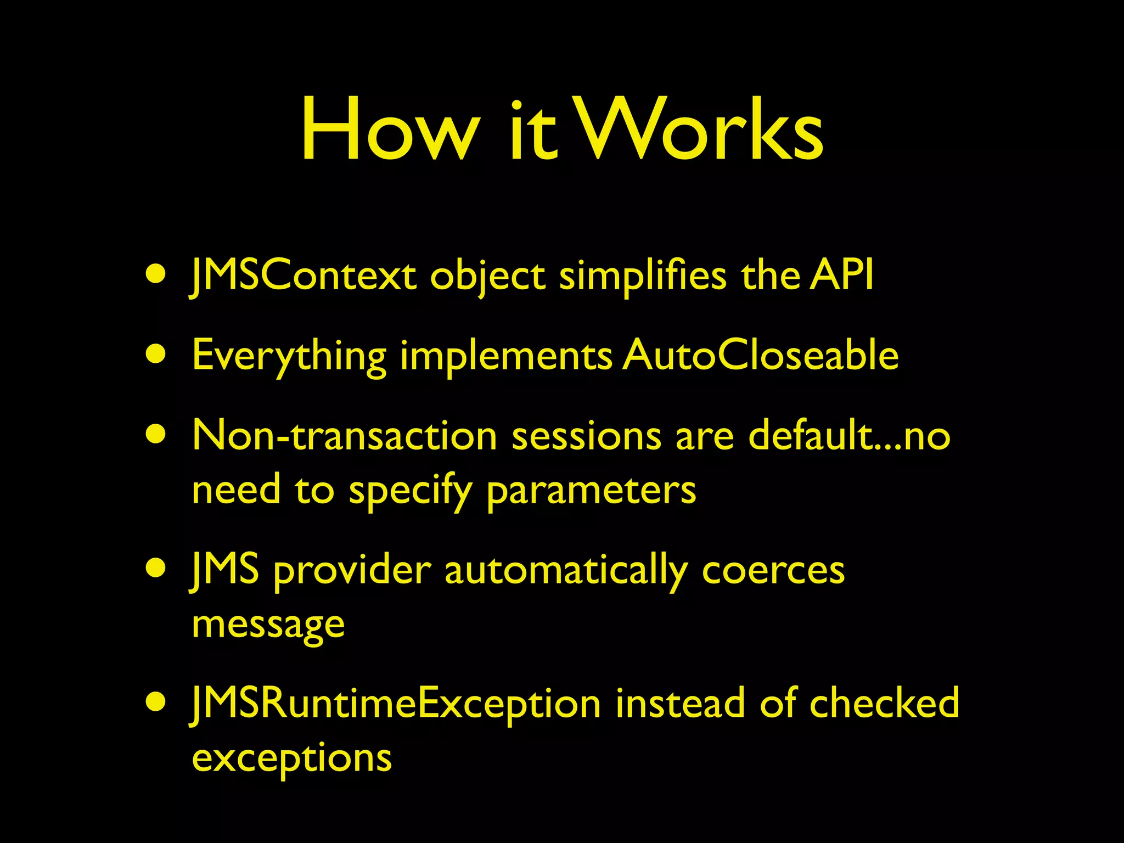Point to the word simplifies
coord(643,277)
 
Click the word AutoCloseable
coord(761,355)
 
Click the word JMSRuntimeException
coord(395,704)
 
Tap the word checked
coord(884,703)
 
